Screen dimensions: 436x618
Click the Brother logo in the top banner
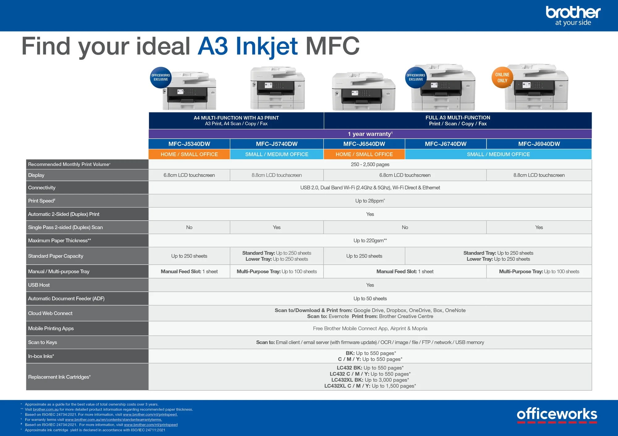573,15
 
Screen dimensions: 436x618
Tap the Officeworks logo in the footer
557,415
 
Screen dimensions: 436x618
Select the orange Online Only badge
502,77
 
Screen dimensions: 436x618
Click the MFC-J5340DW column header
189,144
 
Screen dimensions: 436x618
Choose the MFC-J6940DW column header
539,144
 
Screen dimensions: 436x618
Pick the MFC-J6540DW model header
364,144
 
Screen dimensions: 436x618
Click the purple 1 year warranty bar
370,134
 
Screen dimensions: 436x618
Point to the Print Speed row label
42,201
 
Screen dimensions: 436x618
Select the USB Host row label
39,285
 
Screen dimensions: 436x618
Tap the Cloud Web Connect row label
50,313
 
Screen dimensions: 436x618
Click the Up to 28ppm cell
370,201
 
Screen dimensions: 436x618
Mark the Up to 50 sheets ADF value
370,299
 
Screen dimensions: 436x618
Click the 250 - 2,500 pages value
370,164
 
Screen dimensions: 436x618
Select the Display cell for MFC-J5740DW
277,175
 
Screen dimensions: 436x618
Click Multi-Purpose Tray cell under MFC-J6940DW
539,272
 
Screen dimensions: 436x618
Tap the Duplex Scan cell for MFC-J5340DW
189,227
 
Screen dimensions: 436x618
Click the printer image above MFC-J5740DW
277,88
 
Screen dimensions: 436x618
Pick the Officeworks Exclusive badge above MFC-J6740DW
416,77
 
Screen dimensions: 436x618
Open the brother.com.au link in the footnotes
46,409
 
